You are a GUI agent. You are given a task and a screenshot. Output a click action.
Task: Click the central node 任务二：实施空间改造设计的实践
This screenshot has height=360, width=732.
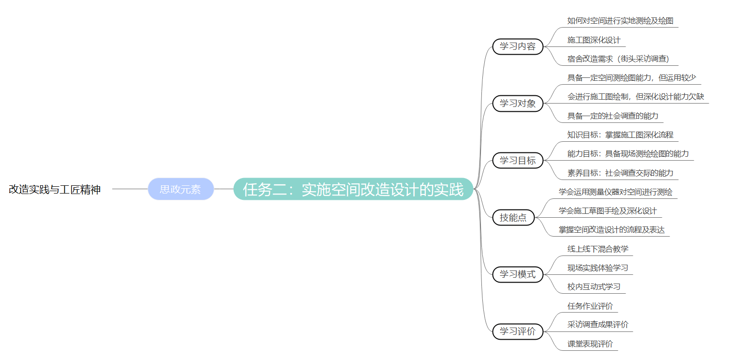tap(353, 189)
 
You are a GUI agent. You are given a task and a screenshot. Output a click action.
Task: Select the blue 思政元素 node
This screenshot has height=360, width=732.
tap(180, 189)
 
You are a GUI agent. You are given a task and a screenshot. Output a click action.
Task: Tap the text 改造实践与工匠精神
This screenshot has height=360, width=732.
tap(55, 190)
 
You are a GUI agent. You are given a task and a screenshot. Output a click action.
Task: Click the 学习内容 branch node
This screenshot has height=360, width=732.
tap(517, 46)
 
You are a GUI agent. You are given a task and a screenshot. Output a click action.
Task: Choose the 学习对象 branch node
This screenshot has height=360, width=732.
tap(517, 104)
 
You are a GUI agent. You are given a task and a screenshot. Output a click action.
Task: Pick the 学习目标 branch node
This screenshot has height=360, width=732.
tap(517, 160)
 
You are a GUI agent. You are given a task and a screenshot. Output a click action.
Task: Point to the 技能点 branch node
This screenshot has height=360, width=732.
tap(513, 218)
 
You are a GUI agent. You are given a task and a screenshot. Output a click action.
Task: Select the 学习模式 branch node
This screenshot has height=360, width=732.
tap(517, 274)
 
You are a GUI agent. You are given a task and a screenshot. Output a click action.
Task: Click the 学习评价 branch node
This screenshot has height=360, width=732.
tap(517, 331)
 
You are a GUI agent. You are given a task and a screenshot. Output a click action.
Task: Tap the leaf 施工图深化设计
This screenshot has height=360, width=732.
tap(594, 40)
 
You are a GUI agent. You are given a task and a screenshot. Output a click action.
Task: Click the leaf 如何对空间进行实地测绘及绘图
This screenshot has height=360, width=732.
tap(620, 21)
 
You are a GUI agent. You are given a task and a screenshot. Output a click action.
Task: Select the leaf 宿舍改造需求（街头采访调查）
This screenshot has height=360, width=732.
tap(618, 59)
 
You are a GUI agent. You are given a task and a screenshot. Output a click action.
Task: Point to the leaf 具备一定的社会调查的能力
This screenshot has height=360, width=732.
tap(612, 116)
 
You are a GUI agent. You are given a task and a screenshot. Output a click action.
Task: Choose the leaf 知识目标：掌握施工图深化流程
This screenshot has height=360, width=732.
tap(620, 135)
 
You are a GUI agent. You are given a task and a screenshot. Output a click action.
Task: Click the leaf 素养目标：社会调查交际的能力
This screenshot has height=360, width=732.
tap(620, 173)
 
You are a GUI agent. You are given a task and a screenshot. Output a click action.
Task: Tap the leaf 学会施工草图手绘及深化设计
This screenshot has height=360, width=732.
tap(608, 211)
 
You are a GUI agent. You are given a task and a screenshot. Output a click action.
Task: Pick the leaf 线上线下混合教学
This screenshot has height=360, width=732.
tap(598, 249)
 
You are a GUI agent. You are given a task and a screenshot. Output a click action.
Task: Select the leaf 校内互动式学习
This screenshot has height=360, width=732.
tap(594, 286)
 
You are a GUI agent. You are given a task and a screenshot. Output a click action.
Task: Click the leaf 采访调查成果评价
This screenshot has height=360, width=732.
tap(598, 325)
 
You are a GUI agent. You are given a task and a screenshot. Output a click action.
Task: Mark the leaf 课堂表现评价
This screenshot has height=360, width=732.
tap(590, 344)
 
